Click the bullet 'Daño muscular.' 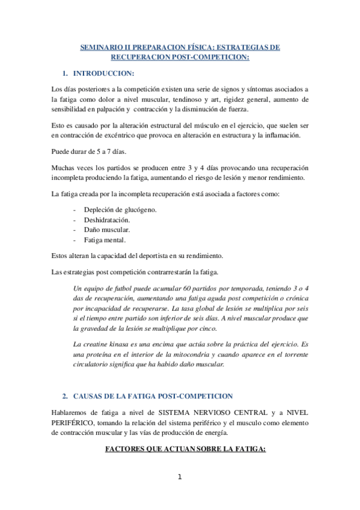106,230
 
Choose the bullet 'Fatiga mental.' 106,240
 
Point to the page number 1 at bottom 179,477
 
